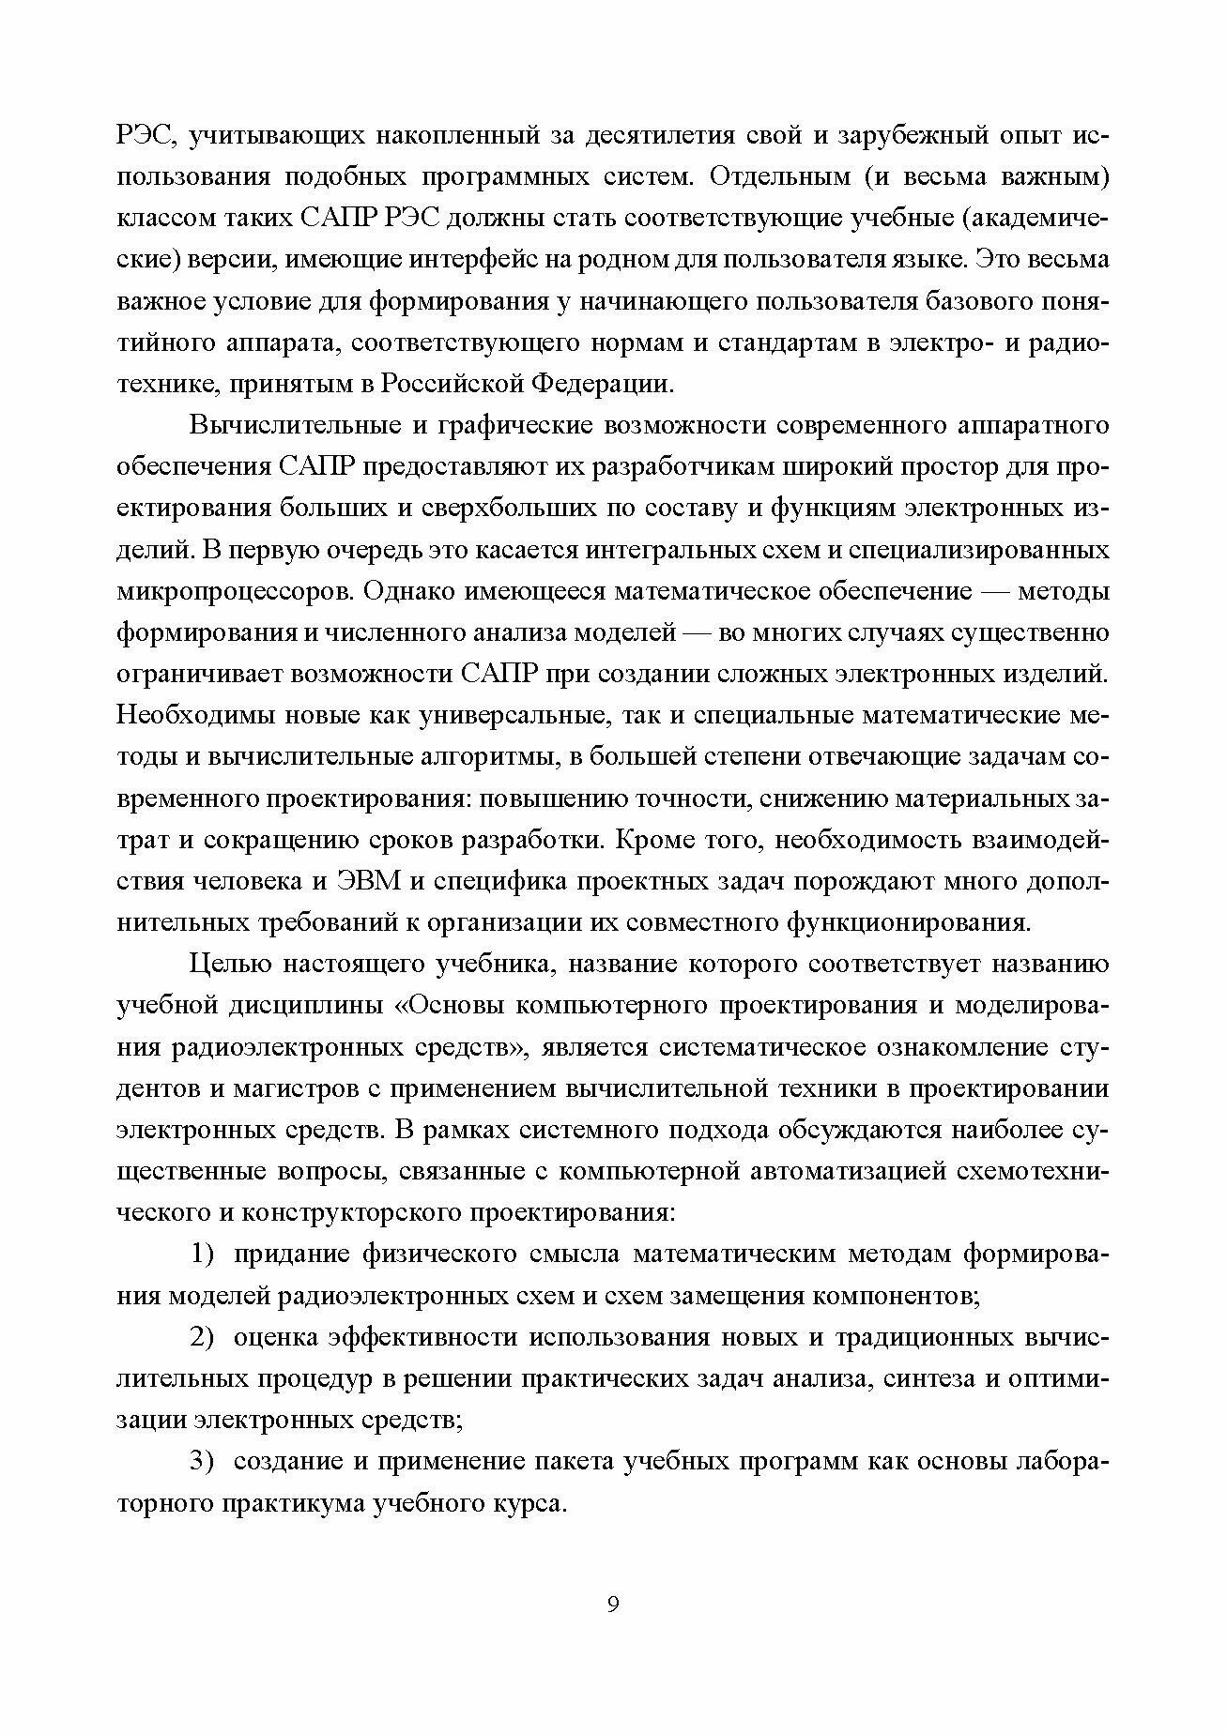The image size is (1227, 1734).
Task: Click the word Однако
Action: pos(416,592)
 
